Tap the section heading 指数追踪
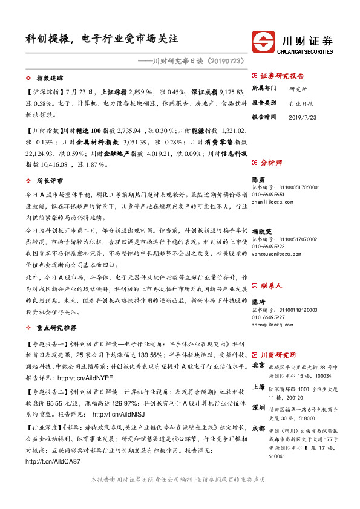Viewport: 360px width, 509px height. pos(50,79)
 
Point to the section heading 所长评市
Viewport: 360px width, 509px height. pos(50,181)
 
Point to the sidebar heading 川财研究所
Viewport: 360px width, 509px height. pos(278,355)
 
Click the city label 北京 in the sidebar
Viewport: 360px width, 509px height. pos(258,366)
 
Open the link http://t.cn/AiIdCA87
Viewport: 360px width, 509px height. pos(53,462)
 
